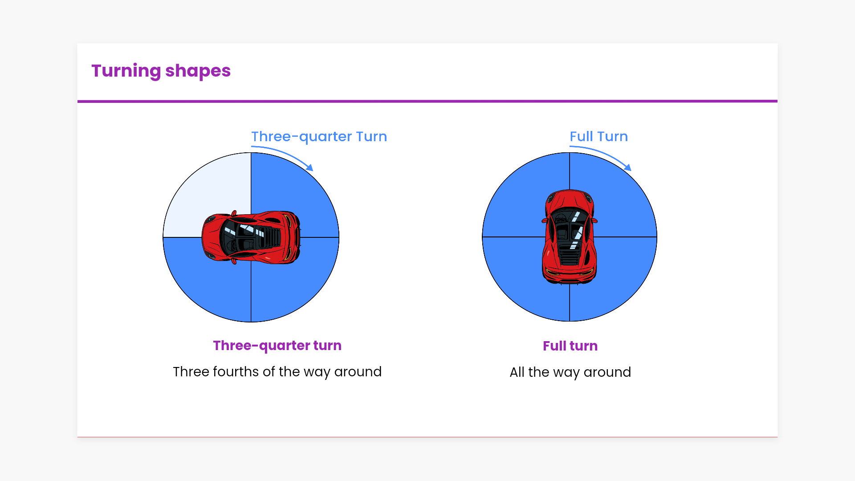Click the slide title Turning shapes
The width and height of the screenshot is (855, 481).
tap(161, 71)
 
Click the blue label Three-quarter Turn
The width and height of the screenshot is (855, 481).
tap(319, 137)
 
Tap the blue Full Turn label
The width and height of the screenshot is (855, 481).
tap(598, 137)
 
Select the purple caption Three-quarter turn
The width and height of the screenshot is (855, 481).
tap(277, 346)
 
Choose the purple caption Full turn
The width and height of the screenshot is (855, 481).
tap(570, 346)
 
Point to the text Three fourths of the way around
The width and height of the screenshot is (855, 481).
tap(277, 372)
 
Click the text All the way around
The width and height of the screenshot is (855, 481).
tap(570, 372)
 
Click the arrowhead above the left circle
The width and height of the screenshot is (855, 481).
tap(310, 167)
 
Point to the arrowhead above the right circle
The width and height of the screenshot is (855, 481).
tap(628, 167)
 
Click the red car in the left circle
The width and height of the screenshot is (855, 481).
tap(251, 237)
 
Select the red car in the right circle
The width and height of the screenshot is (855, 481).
tap(570, 237)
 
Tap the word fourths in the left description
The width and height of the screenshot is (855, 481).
tap(236, 372)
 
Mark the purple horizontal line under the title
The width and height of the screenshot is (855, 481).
tap(427, 101)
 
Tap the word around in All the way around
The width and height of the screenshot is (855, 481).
tap(607, 372)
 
